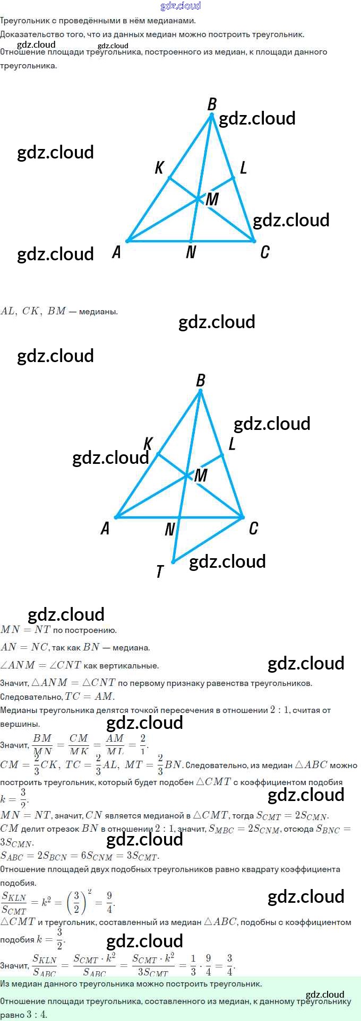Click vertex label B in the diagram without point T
pyautogui.click(x=212, y=104)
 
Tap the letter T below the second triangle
pyautogui.click(x=160, y=571)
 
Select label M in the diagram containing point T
pyautogui.click(x=201, y=476)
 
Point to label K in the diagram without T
pyautogui.click(x=159, y=168)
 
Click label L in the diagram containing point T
pyautogui.click(x=232, y=444)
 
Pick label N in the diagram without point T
pyautogui.click(x=191, y=253)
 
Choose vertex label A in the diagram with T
pyautogui.click(x=105, y=529)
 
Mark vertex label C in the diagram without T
pyautogui.click(x=265, y=252)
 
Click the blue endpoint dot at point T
pyautogui.click(x=173, y=561)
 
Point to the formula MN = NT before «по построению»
pyautogui.click(x=25, y=630)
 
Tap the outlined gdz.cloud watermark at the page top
pyautogui.click(x=180, y=6)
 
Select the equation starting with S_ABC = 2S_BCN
pyautogui.click(x=80, y=856)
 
